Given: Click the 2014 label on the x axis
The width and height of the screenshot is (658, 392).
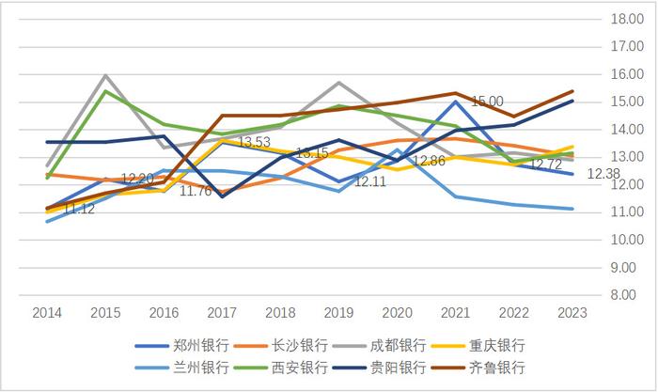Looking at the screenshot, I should pyautogui.click(x=47, y=312).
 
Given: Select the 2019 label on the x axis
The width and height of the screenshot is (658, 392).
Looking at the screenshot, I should pyautogui.click(x=338, y=312).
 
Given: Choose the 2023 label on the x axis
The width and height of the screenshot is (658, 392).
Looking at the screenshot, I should pyautogui.click(x=572, y=312).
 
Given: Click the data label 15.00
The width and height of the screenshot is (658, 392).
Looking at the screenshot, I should pyautogui.click(x=487, y=102).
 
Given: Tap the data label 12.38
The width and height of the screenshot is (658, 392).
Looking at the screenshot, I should pyautogui.click(x=603, y=174).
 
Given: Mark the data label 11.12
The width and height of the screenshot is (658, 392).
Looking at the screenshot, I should pyautogui.click(x=76, y=209).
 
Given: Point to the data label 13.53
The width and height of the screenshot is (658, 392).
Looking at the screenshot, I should pyautogui.click(x=253, y=142).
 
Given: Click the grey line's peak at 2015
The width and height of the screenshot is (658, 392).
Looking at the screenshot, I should pyautogui.click(x=105, y=75).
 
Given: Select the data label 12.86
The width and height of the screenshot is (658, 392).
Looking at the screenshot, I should pyautogui.click(x=429, y=161).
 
